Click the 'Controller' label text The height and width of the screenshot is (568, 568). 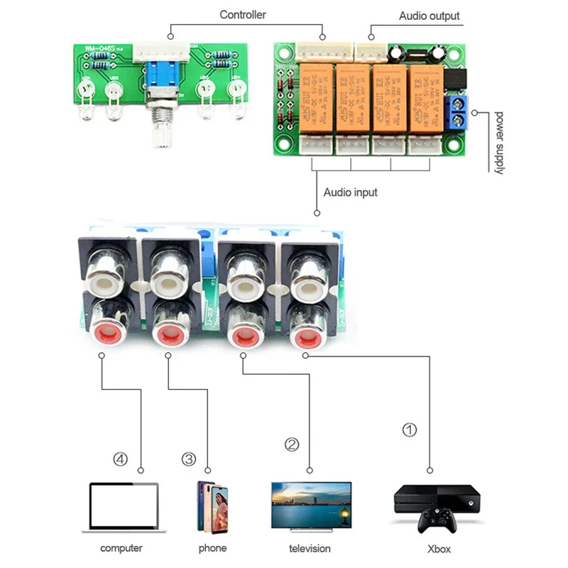(242, 14)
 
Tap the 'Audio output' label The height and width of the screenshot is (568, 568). (429, 16)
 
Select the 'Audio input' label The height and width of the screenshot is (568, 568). (351, 192)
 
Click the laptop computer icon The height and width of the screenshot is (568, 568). (124, 507)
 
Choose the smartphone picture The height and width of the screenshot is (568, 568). (213, 506)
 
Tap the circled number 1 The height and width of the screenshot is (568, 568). (410, 430)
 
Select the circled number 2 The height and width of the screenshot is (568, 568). (292, 445)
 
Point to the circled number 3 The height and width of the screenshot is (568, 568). (188, 459)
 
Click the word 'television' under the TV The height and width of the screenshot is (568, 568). (310, 548)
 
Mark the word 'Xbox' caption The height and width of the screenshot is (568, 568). (438, 548)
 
